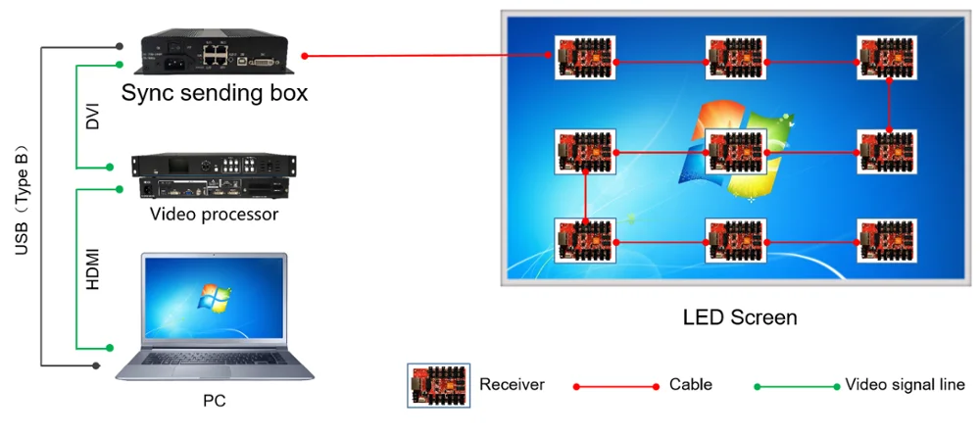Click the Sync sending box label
tap(215, 93)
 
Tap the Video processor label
tap(214, 215)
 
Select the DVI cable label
tap(93, 116)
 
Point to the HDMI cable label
tap(93, 268)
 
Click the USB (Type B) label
tap(23, 205)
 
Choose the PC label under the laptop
tap(214, 401)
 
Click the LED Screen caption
tap(740, 317)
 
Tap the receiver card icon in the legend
tap(439, 385)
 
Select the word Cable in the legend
tap(690, 384)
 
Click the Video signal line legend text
tap(905, 384)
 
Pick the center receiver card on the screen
tap(736, 152)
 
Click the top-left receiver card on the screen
tap(586, 57)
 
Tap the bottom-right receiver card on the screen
tap(887, 240)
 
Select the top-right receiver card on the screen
tap(887, 57)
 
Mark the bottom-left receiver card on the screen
tap(586, 240)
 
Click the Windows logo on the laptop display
tap(214, 296)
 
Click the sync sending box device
tap(215, 52)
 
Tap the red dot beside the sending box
tap(305, 56)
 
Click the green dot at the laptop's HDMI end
tap(110, 347)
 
